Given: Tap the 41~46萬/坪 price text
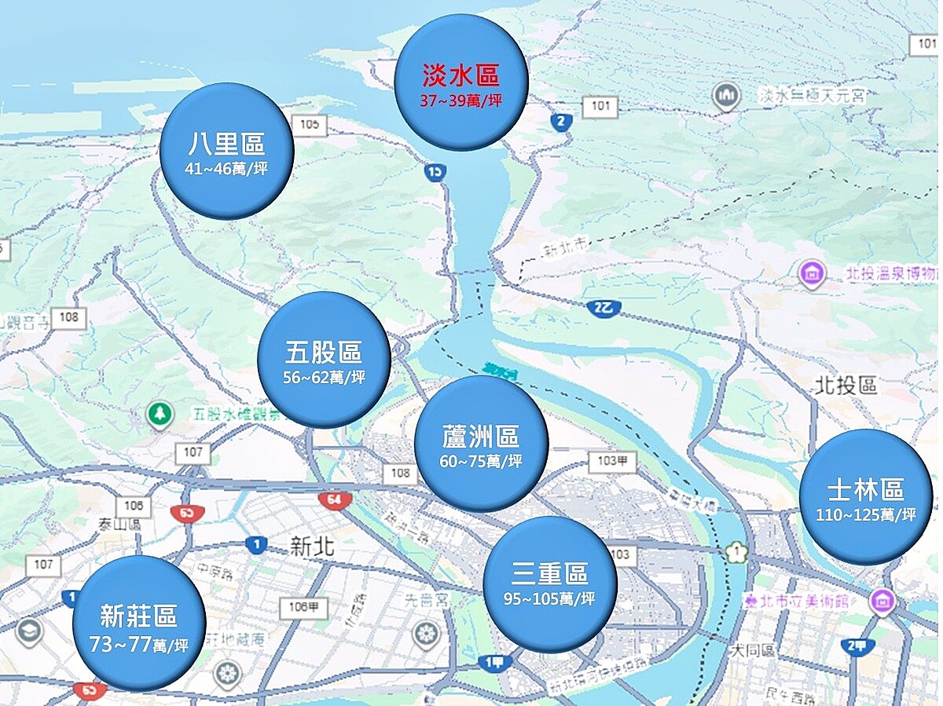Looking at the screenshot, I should pos(227,169).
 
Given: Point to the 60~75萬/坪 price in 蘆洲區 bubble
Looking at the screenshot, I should pos(481,461).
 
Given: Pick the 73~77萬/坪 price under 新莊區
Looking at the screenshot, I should pos(139,646).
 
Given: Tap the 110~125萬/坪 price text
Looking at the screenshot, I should pos(866,514).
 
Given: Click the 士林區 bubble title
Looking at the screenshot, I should pos(866,490).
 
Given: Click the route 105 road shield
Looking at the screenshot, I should pos(309,124).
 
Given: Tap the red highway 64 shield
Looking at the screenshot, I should pos(335,499).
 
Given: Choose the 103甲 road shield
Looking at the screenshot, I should pos(611,461).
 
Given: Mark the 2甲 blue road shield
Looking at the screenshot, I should pos(857,646).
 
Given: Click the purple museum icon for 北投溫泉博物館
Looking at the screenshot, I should pos(810,274).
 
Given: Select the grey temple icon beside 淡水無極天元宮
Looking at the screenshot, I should pos(727,96).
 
